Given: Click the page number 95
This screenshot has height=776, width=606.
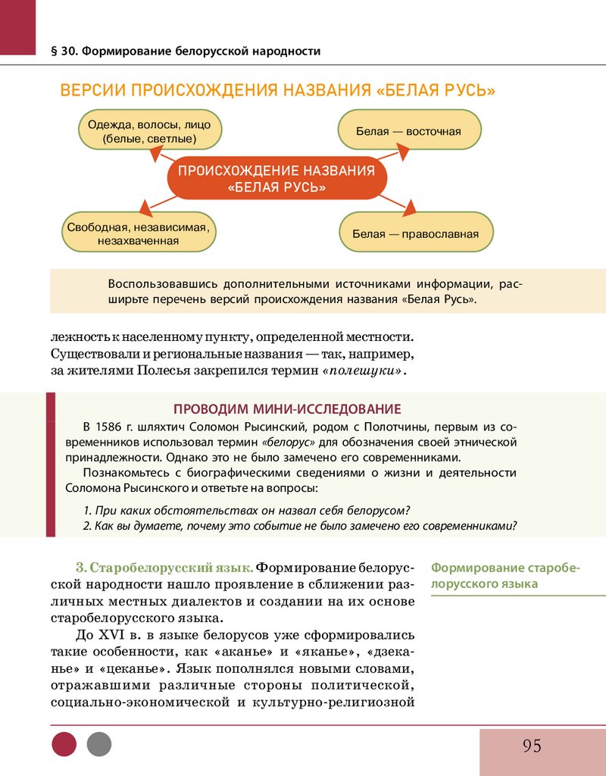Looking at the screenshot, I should [532, 746].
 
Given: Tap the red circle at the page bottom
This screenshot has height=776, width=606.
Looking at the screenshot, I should [64, 744].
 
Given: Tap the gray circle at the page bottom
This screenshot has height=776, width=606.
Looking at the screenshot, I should [98, 744].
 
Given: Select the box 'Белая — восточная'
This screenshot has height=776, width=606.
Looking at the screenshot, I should [409, 131].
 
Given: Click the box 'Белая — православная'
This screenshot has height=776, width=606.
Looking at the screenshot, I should [416, 233].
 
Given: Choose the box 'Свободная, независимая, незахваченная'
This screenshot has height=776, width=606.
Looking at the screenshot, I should [138, 233].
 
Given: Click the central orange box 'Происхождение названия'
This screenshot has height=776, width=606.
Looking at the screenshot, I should [276, 179].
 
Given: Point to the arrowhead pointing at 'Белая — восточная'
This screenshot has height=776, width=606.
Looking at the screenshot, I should [402, 152].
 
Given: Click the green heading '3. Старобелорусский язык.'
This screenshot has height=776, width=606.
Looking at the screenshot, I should [164, 568].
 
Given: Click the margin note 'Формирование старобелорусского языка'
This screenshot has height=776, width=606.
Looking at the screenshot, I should [504, 576].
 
